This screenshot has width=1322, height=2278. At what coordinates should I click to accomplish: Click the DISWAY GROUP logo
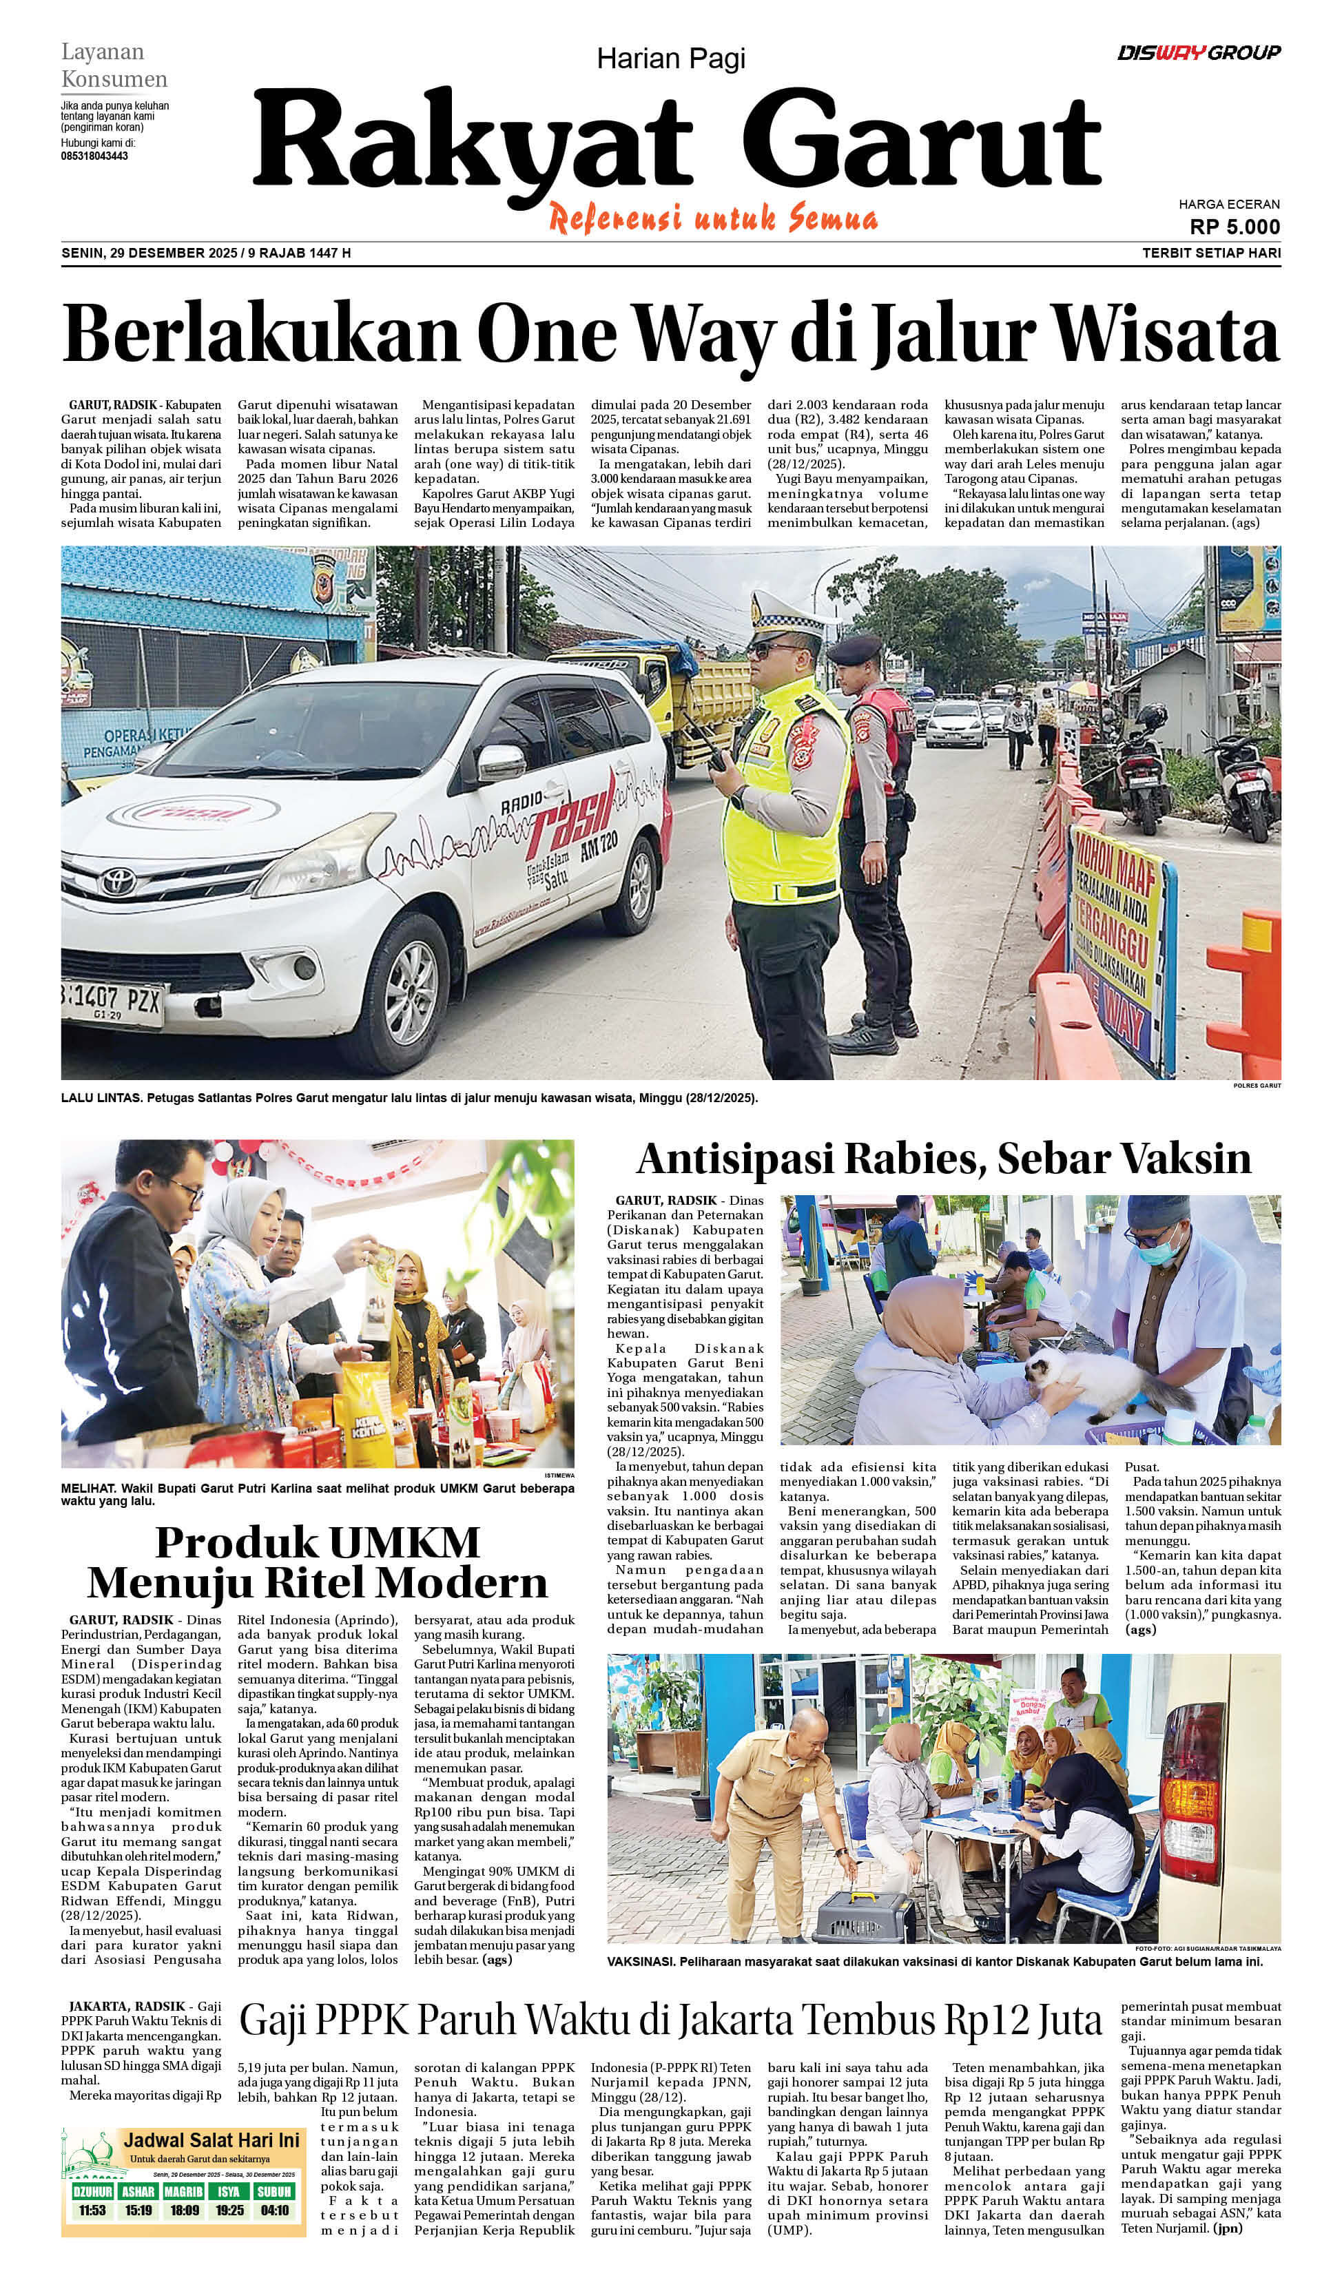1198,52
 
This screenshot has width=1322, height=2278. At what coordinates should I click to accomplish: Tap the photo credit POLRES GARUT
1257,1085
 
